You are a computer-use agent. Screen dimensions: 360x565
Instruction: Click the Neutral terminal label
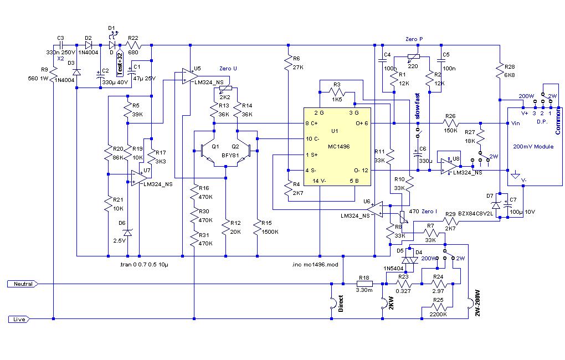click(x=22, y=284)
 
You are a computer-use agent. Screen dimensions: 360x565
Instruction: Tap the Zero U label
click(x=228, y=68)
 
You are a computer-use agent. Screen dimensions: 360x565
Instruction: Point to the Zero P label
click(x=414, y=40)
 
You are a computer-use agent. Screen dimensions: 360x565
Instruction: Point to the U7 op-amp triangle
click(x=138, y=177)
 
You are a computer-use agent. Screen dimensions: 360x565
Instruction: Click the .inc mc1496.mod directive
click(x=314, y=265)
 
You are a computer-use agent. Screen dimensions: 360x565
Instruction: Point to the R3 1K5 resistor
click(x=337, y=90)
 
